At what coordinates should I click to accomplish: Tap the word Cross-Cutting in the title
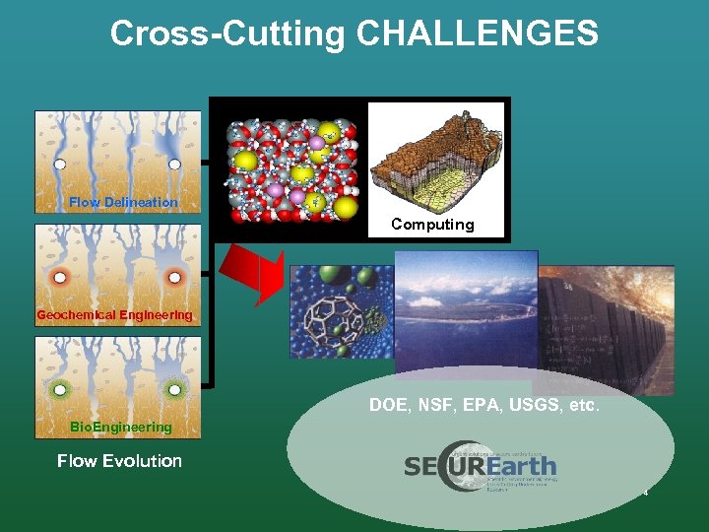click(x=228, y=33)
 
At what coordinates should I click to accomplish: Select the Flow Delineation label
click(x=123, y=202)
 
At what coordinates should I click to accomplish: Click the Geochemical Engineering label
click(x=114, y=315)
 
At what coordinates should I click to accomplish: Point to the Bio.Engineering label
click(x=120, y=427)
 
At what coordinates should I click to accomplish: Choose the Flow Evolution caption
click(x=119, y=460)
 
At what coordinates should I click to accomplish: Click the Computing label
click(x=432, y=224)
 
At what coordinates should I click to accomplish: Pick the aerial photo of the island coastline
click(x=465, y=315)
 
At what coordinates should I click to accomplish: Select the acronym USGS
click(x=530, y=404)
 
